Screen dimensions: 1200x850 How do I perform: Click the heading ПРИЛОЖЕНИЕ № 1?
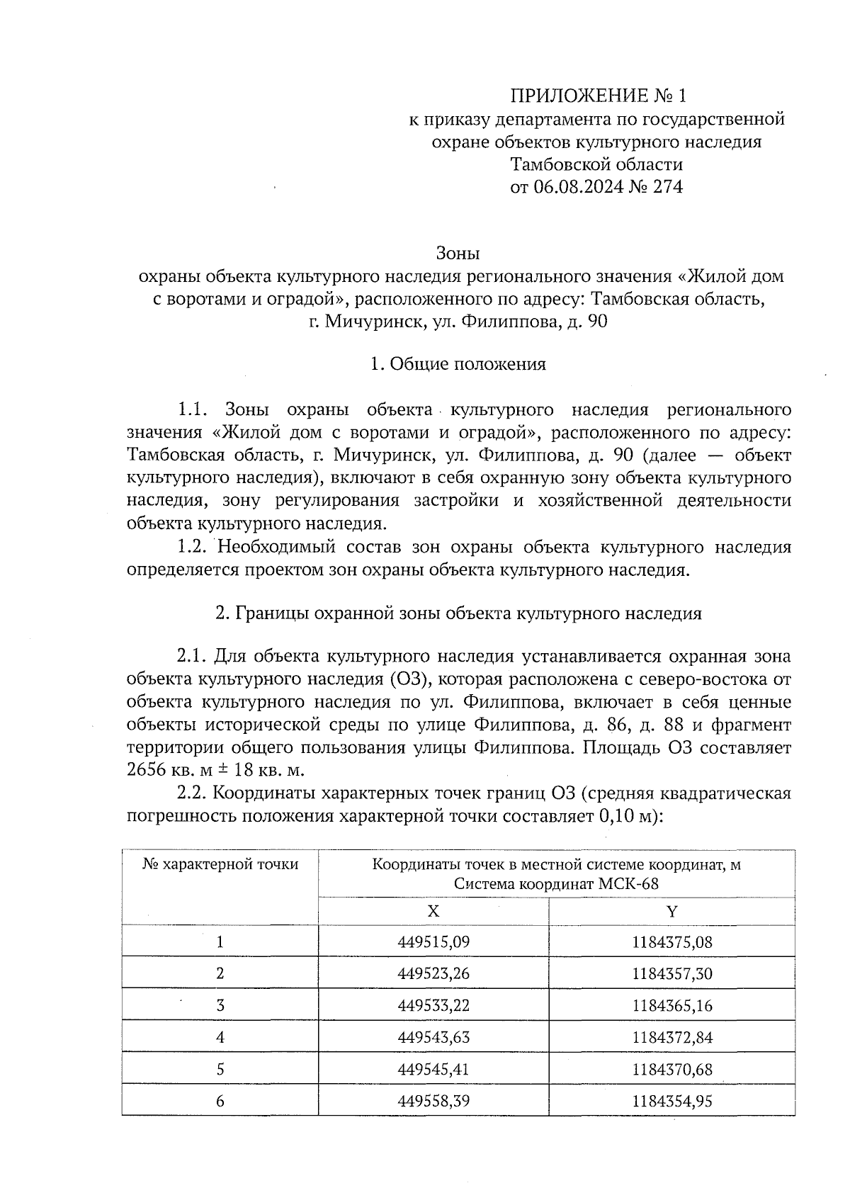[599, 96]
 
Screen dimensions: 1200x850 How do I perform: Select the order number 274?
[668, 188]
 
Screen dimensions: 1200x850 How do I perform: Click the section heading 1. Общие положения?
[458, 364]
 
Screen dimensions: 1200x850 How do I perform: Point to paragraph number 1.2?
[191, 547]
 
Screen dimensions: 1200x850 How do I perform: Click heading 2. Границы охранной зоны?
[458, 613]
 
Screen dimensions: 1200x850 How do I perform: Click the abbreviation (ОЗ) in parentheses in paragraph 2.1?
[409, 679]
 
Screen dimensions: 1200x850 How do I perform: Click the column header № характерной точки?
[220, 865]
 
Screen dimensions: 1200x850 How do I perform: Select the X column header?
[433, 911]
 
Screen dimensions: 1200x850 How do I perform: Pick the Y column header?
[671, 911]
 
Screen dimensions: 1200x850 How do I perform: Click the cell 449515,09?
[433, 942]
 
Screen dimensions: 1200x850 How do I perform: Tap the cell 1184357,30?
[671, 974]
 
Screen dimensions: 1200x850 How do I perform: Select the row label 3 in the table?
[220, 1006]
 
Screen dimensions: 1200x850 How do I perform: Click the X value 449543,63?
[433, 1038]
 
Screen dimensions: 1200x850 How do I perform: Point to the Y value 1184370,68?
[671, 1069]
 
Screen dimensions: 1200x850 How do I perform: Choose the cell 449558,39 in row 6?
[433, 1101]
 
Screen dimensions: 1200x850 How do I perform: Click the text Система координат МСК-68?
[556, 885]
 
